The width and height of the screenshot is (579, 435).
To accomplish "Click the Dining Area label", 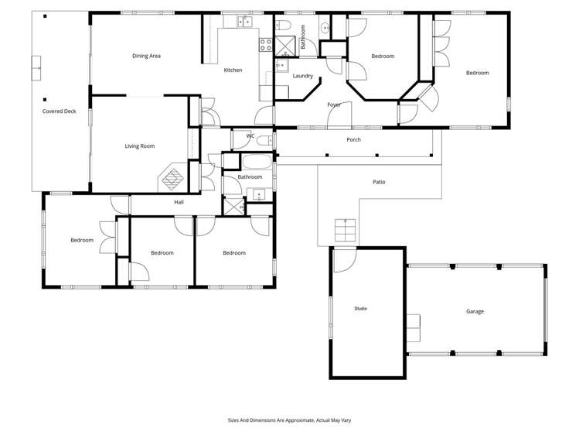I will tap(146, 56).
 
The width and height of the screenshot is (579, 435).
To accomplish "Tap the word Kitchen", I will tap(233, 70).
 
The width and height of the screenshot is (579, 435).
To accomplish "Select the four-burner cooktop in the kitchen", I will tap(266, 44).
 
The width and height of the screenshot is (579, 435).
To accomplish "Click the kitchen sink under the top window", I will tap(244, 22).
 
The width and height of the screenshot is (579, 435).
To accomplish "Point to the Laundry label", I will tap(303, 76).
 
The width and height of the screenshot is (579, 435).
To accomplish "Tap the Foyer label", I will tap(334, 104).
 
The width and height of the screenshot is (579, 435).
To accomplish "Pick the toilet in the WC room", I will tap(264, 140).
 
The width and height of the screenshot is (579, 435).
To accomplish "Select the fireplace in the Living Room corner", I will tap(172, 179).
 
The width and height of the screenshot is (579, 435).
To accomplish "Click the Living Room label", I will tap(140, 146).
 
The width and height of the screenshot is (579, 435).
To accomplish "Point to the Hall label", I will tap(179, 202).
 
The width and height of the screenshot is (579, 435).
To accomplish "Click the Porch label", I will tap(353, 140).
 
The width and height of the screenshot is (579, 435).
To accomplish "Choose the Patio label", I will tap(379, 182).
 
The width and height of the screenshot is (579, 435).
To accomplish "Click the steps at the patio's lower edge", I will tap(345, 231).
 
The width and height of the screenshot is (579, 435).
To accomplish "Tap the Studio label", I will tap(360, 309).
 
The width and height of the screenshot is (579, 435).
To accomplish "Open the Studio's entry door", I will tap(341, 260).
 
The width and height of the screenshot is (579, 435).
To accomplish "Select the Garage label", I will tap(475, 311).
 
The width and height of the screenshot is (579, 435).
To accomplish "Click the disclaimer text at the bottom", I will tap(289, 420).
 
